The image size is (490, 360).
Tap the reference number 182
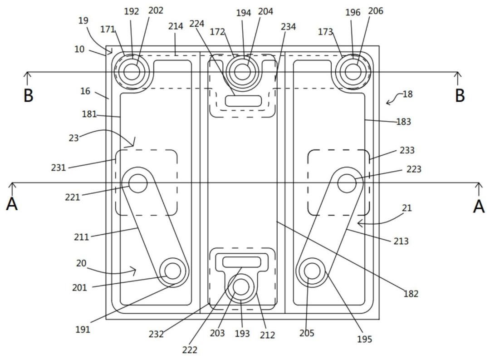point(411,294)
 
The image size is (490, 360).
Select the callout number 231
point(59,168)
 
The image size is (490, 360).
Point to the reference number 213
point(401,241)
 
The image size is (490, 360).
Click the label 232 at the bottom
point(157,335)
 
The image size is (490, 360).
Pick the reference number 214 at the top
point(176,26)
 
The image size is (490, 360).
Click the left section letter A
point(12,204)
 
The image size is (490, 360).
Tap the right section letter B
point(460,95)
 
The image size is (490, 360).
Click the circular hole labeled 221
point(138,184)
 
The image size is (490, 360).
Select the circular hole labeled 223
point(347,183)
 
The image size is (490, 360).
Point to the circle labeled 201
point(173,271)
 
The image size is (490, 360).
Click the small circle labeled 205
point(312,271)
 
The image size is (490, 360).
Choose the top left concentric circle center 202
point(132,71)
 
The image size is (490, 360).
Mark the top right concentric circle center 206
point(353,71)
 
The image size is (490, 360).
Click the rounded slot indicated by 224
point(244,101)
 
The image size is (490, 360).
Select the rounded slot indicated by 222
point(241,262)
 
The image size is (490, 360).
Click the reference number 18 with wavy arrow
point(407,94)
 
